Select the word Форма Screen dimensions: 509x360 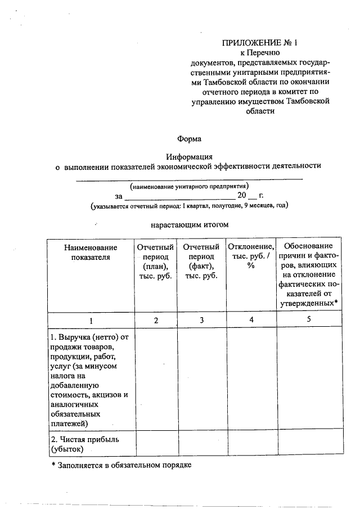(x=189, y=138)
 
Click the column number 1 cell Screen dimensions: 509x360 (x=91, y=320)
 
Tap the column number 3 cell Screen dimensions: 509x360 (x=201, y=320)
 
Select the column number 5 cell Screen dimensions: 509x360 (x=309, y=320)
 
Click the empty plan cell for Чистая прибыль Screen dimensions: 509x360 (x=156, y=443)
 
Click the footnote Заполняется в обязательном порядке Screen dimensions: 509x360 (x=121, y=466)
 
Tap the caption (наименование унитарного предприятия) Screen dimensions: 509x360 (x=189, y=186)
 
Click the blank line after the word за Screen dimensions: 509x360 (x=179, y=197)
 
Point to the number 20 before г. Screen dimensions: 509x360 (x=242, y=196)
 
